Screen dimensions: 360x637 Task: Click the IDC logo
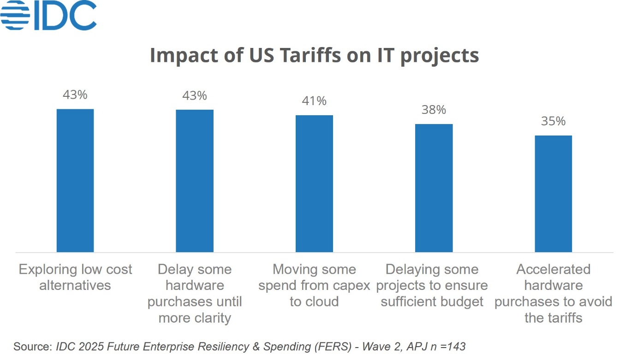tap(48, 16)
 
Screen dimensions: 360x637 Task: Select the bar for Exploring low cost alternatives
tap(75, 180)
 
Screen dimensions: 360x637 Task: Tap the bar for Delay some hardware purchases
tap(195, 181)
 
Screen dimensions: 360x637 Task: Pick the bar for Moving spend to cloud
tap(314, 183)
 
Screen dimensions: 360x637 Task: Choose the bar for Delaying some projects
tap(434, 188)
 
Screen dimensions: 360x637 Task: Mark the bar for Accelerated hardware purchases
tap(553, 194)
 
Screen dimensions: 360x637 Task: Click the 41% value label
tap(314, 101)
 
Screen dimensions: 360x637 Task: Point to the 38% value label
tap(434, 110)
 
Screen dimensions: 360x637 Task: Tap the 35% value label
tap(553, 121)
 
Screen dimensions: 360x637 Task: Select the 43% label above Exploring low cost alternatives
tap(75, 95)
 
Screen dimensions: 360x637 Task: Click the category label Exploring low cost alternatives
tap(75, 277)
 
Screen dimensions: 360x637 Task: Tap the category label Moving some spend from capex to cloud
tap(314, 285)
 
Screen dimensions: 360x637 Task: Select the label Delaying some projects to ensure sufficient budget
tap(432, 285)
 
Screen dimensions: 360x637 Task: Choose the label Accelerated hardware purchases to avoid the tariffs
tap(553, 293)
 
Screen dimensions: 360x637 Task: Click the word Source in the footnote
tap(32, 346)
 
